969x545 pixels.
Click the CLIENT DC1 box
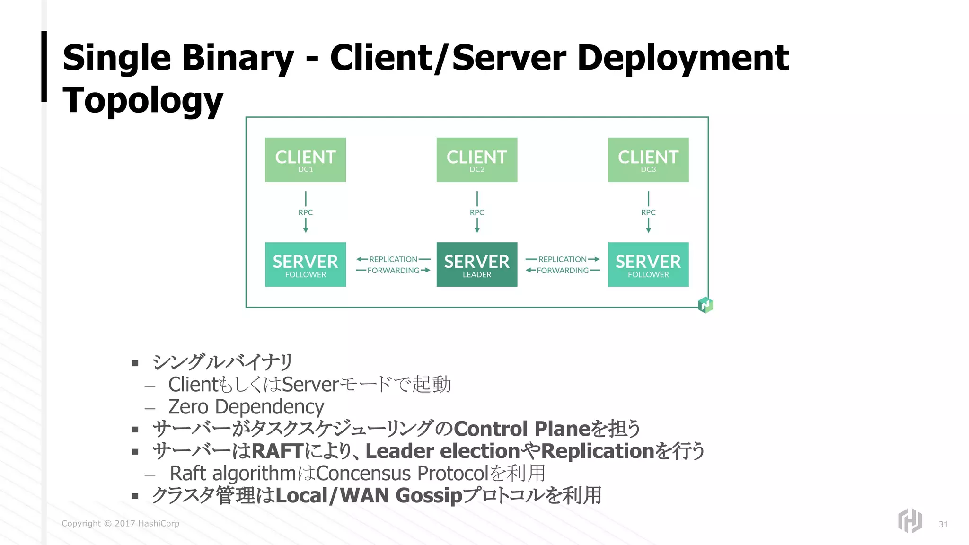click(305, 160)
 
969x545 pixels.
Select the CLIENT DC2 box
click(476, 160)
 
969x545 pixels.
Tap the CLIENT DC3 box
click(648, 160)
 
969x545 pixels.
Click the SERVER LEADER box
click(476, 264)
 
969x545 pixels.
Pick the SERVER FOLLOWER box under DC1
click(305, 264)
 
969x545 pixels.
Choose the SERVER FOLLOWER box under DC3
click(648, 264)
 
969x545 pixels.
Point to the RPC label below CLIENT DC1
click(305, 212)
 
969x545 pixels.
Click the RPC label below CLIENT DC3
click(648, 212)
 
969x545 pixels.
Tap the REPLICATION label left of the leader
click(393, 259)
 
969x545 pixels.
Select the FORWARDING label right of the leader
click(563, 271)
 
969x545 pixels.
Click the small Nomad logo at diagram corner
click(705, 305)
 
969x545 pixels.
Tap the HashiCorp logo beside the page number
click(909, 520)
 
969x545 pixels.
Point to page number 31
click(943, 524)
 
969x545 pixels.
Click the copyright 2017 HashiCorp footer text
click(120, 523)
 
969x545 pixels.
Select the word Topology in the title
click(142, 100)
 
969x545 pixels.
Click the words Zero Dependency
click(246, 407)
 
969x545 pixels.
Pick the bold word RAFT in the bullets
click(277, 451)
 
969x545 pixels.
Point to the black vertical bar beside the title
click(44, 66)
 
